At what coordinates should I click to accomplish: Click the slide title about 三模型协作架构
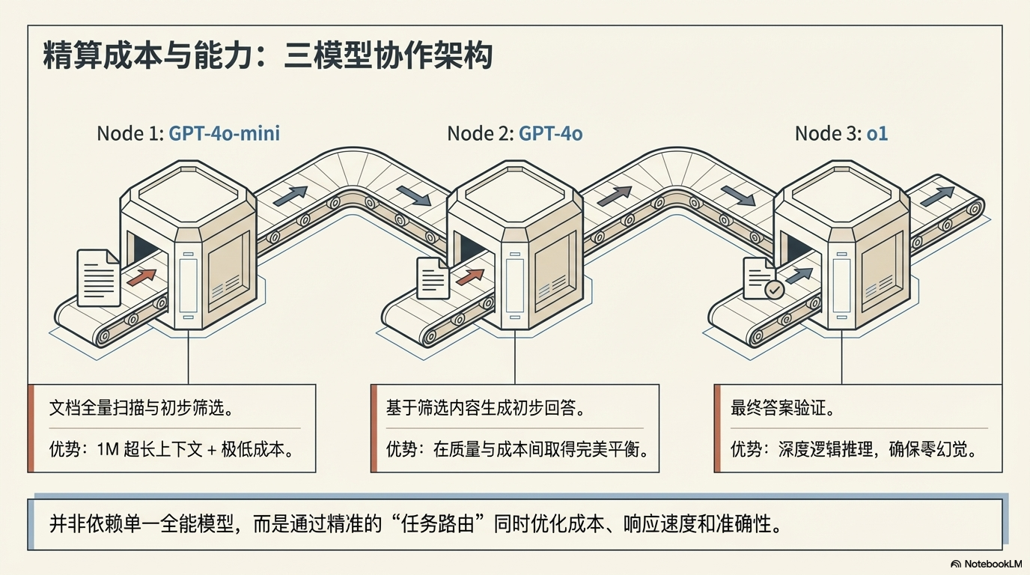point(267,57)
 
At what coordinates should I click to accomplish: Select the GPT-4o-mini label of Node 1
point(224,133)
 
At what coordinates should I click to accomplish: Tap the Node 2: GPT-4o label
point(514,133)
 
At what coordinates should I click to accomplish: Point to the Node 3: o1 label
point(841,133)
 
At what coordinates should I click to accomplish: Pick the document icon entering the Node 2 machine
point(433,278)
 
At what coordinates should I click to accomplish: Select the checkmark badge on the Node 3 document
point(774,289)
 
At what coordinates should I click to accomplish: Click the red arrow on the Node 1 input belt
point(141,277)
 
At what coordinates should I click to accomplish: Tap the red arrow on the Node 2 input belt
point(470,277)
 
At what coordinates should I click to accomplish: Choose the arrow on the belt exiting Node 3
point(937,196)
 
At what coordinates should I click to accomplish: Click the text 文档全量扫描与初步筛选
point(139,409)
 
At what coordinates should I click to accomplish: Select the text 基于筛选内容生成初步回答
point(484,409)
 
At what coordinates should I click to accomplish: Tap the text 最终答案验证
point(782,409)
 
